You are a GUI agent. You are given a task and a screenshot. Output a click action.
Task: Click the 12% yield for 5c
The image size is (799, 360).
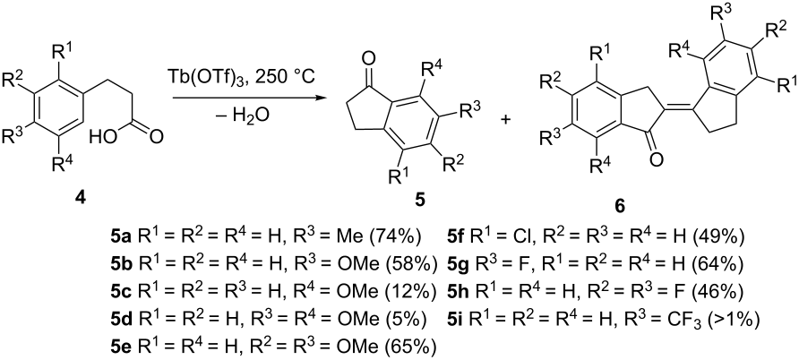(421, 290)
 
